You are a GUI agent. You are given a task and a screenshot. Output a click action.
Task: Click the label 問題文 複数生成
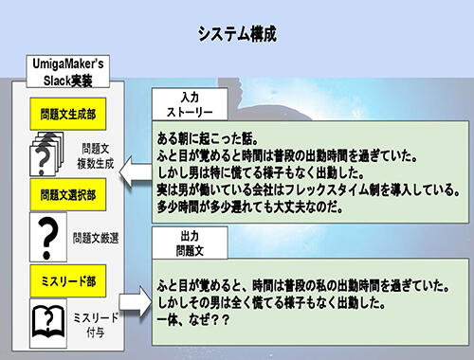98,155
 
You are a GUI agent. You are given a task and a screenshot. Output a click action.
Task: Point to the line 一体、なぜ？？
194,321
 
